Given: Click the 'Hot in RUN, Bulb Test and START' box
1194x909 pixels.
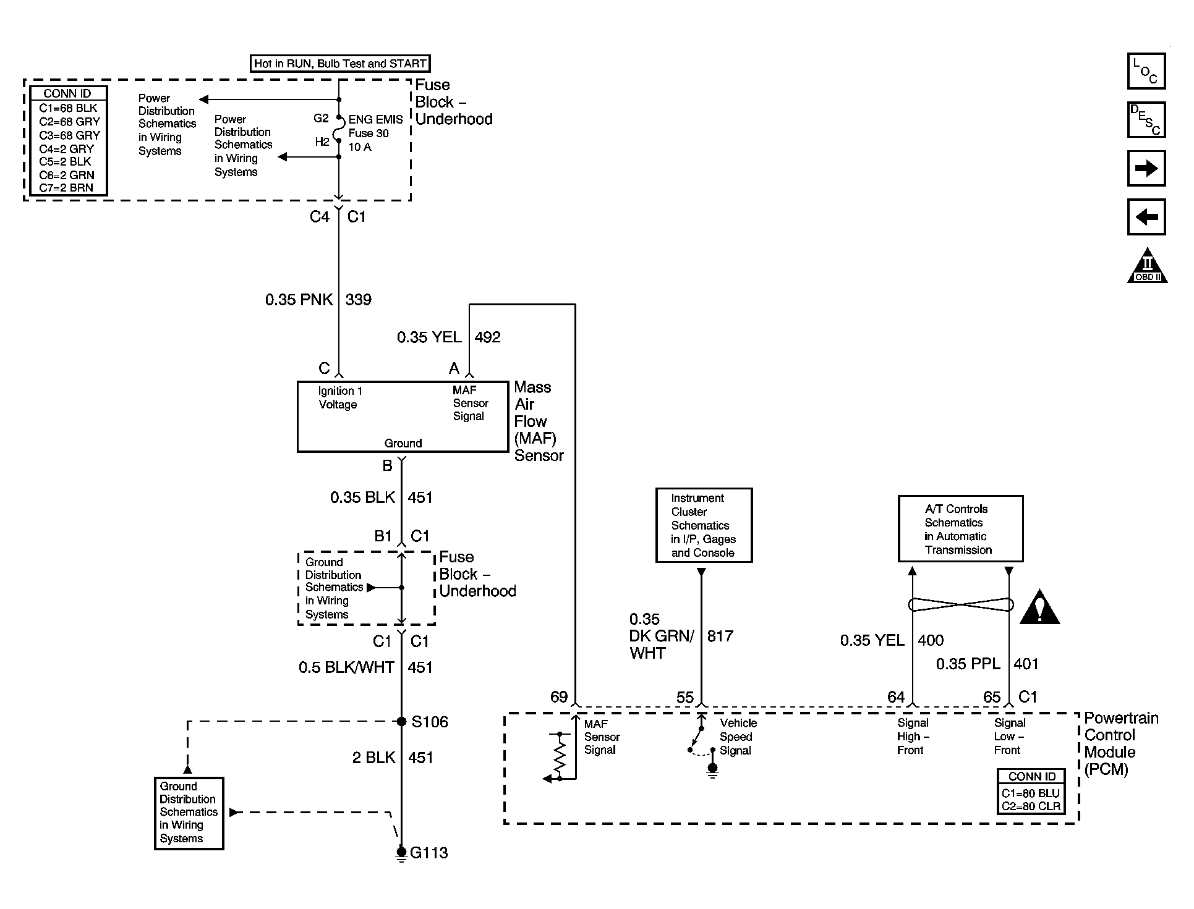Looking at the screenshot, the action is (340, 64).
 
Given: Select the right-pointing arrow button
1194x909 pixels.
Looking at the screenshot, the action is (1146, 168).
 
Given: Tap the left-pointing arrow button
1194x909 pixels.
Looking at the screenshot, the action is (1146, 217).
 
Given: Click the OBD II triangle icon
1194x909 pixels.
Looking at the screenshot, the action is (1147, 266).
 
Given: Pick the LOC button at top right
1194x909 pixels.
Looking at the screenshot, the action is (1146, 71).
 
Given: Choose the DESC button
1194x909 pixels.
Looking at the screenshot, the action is (1146, 119).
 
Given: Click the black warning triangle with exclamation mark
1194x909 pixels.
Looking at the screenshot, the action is (1039, 607).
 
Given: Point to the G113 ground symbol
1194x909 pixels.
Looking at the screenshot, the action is (401, 854).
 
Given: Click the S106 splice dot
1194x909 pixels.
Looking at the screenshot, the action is (401, 721).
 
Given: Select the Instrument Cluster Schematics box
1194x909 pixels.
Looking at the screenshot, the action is (704, 525).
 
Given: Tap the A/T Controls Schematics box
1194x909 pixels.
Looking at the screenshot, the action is (960, 529).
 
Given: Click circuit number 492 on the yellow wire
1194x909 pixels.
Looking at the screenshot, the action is (487, 337).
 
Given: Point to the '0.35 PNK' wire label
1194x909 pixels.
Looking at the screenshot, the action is (300, 300).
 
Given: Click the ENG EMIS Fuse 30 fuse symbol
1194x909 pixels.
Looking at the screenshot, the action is (339, 129).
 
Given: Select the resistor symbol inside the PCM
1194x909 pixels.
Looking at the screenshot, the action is (560, 756).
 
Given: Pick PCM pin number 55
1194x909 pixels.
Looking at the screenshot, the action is (684, 698).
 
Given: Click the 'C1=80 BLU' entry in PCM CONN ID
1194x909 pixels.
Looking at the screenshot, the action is (1031, 793).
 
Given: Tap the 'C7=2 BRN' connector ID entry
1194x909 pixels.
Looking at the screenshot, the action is (66, 188).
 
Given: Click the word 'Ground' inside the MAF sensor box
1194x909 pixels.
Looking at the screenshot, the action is (403, 443).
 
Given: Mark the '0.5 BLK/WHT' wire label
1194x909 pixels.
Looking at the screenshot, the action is (346, 667).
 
